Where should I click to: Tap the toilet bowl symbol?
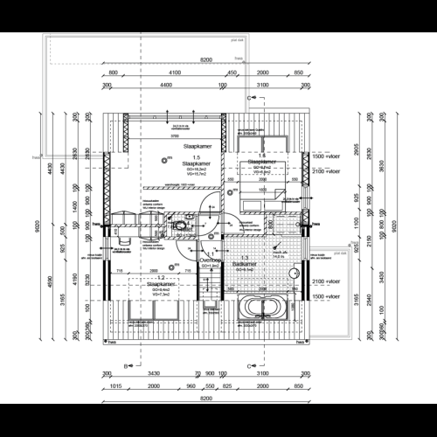point(180,227)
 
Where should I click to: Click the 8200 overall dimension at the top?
point(205,59)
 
